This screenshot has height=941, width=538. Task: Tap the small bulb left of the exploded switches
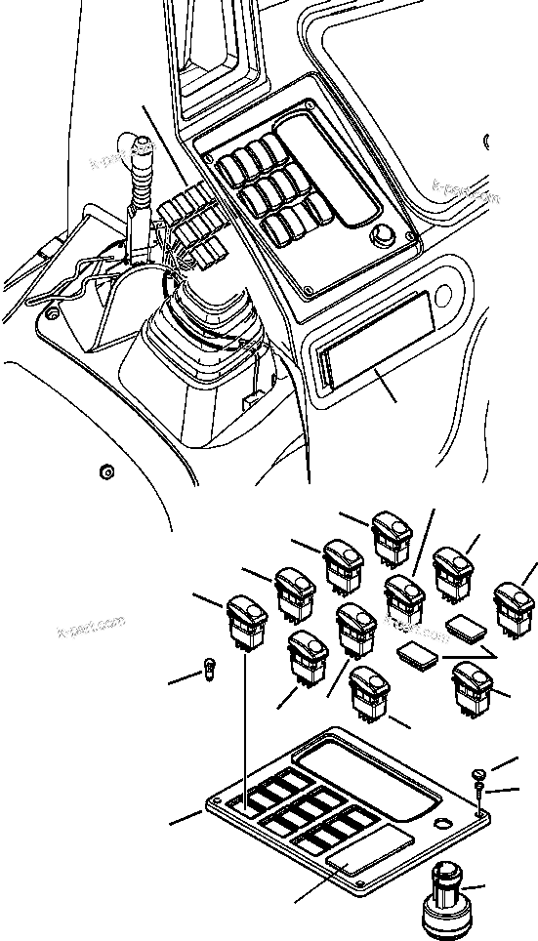click(207, 670)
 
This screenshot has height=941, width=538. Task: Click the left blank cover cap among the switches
click(419, 657)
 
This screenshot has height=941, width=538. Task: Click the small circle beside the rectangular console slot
click(444, 293)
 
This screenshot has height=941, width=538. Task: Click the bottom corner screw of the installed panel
click(309, 290)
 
